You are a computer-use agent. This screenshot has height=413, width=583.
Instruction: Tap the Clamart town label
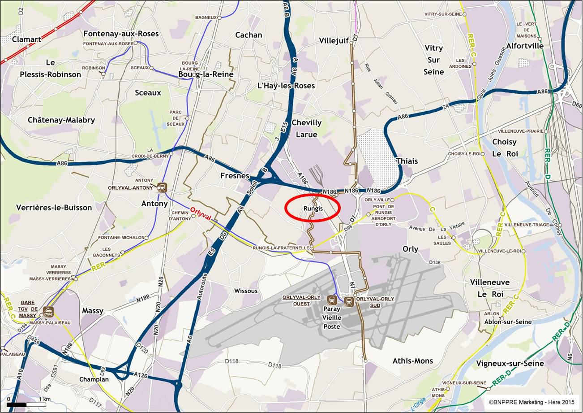click(x=26, y=39)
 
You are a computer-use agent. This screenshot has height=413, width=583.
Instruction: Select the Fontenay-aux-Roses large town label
click(x=121, y=34)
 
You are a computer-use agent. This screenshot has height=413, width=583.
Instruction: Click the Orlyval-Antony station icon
click(x=162, y=187)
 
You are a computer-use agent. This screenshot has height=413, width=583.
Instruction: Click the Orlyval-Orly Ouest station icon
click(x=332, y=300)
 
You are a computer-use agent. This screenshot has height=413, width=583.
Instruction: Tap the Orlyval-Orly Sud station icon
click(x=349, y=301)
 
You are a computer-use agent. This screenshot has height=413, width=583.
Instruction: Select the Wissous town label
click(x=246, y=291)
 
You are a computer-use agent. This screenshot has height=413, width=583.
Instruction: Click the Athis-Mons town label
click(x=412, y=361)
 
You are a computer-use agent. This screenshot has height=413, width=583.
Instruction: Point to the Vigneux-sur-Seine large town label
click(x=510, y=363)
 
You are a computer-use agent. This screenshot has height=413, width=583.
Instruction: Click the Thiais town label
click(x=407, y=161)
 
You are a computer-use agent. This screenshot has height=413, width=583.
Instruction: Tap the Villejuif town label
click(x=334, y=41)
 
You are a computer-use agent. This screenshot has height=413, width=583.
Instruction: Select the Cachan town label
click(x=249, y=35)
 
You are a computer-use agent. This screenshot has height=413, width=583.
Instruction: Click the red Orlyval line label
click(x=201, y=213)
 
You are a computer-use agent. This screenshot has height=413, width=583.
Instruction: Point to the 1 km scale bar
click(x=27, y=404)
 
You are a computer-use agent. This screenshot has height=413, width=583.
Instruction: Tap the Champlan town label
click(x=94, y=379)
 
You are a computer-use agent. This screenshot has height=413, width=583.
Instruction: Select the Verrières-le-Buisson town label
click(x=54, y=208)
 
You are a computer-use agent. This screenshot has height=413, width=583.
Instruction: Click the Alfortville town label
click(x=525, y=46)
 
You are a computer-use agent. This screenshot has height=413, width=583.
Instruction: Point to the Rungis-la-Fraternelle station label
click(x=281, y=248)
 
